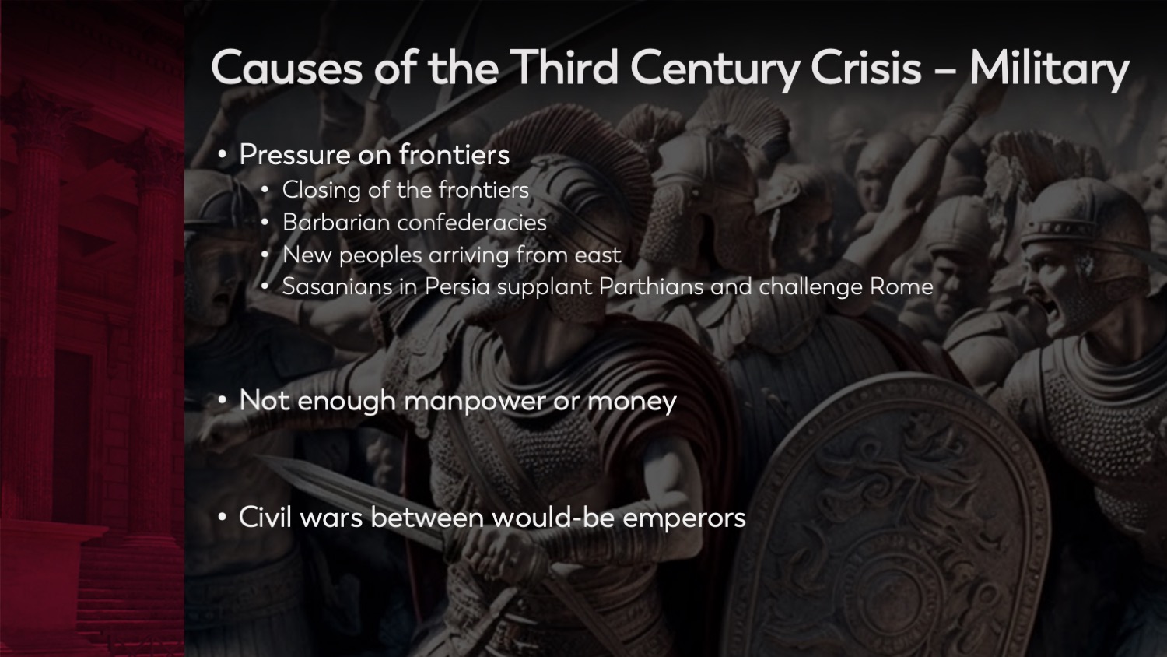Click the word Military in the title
click(1049, 69)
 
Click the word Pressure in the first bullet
click(294, 155)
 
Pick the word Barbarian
click(335, 223)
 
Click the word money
click(632, 402)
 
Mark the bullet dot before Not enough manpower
click(223, 401)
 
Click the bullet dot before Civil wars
click(223, 518)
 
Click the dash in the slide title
click(945, 70)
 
